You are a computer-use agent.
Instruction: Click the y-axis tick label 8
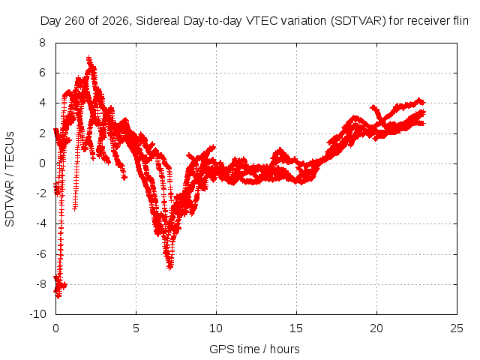[42, 43]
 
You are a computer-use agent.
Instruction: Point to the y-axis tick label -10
[38, 314]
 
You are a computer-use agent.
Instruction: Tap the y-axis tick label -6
[41, 253]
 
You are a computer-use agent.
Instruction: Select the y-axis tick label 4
[42, 103]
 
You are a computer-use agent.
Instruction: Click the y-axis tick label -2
[41, 193]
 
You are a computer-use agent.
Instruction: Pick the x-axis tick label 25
[457, 328]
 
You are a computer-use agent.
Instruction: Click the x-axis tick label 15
[296, 328]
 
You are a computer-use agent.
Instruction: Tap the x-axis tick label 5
[136, 328]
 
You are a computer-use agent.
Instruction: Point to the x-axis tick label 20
[376, 328]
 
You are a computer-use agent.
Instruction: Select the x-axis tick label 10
[216, 328]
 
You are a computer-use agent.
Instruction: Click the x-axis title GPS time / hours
[254, 349]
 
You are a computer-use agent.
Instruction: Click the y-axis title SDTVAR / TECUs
[10, 179]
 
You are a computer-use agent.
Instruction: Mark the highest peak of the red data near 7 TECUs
[88, 58]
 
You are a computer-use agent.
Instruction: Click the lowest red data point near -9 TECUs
[58, 296]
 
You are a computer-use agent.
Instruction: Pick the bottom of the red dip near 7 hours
[170, 268]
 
